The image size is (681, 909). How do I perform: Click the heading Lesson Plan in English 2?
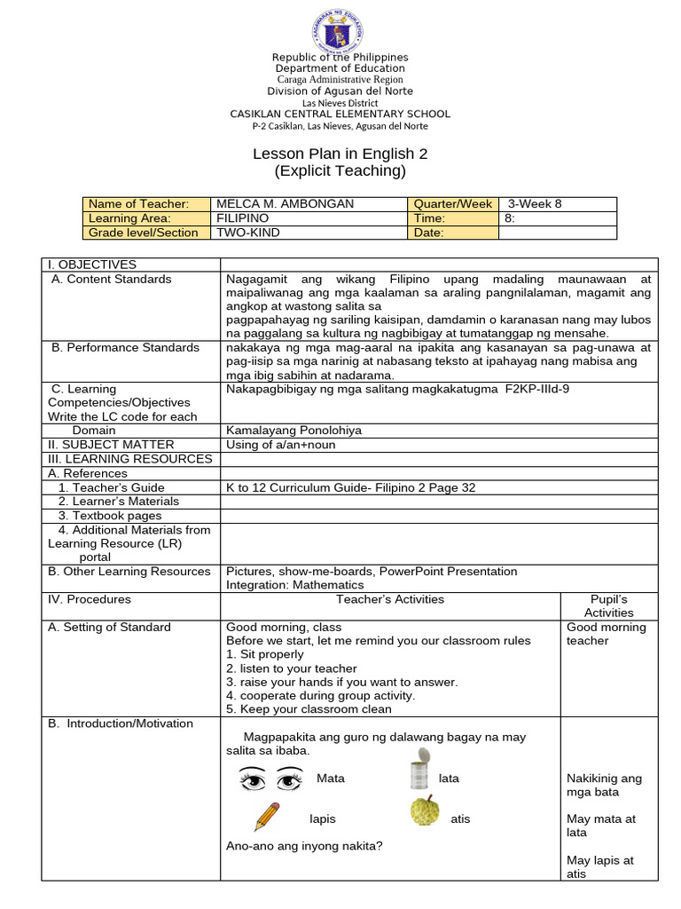tap(340, 154)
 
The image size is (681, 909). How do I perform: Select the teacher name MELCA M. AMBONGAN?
tap(285, 204)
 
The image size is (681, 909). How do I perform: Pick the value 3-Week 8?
tap(535, 204)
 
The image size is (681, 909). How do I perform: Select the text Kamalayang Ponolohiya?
tap(294, 431)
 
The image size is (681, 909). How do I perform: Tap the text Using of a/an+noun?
tap(281, 445)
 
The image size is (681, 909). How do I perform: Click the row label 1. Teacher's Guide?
tap(112, 487)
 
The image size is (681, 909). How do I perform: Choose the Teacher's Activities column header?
tap(390, 599)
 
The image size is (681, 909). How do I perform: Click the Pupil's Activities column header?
tap(608, 605)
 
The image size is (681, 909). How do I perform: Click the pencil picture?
tap(267, 816)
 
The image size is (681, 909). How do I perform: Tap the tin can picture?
tap(419, 769)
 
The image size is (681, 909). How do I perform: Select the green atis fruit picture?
tap(425, 811)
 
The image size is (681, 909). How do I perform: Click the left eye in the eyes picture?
tap(254, 780)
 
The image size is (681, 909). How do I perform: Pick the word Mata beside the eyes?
tap(331, 779)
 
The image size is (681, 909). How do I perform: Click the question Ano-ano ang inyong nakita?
tap(304, 846)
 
